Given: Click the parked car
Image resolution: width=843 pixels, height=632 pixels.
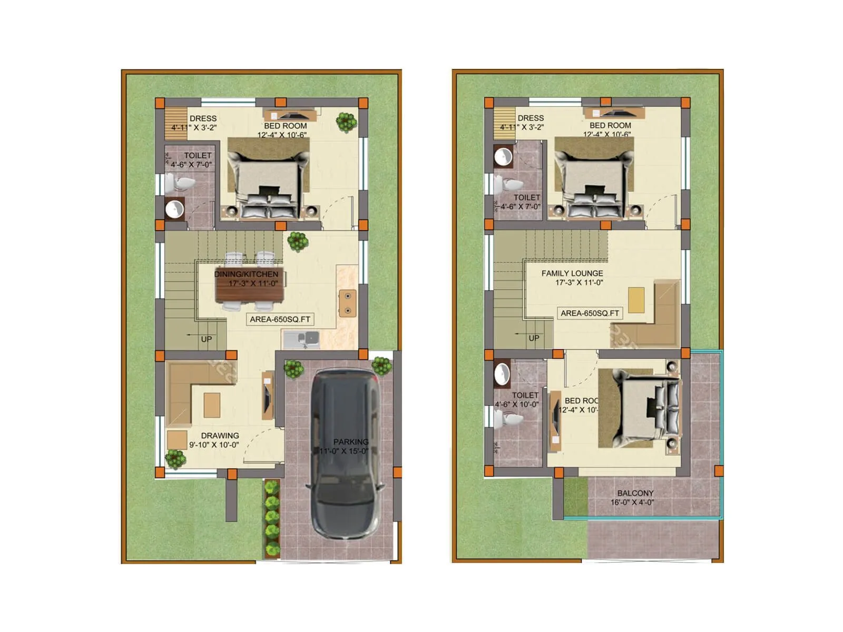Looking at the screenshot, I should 345,453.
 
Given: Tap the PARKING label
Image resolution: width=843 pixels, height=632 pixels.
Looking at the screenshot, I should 350,442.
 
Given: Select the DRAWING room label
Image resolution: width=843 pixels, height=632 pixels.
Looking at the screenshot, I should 220,436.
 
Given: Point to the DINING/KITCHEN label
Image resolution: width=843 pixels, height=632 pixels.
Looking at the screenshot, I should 246,274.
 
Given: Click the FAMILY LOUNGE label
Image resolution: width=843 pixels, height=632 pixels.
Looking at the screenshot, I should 572,273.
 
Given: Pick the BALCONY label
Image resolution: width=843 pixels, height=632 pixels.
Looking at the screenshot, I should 635,493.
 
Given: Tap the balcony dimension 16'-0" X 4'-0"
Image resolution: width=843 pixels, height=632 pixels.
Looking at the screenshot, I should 632,502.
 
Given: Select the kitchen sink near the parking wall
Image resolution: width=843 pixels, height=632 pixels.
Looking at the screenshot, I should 301,339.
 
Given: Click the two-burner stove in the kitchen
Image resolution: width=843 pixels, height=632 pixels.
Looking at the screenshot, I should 347,303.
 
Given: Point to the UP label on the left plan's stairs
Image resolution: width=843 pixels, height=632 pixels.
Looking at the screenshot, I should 206,339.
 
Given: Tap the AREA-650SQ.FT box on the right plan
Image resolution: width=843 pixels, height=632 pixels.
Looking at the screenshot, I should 590,313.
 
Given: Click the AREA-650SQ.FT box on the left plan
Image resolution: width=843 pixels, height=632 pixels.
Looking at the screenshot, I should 280,319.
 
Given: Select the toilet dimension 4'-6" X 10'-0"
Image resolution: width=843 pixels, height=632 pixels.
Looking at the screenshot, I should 517,404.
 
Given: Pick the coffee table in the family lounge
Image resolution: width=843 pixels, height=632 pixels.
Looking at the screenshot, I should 636,299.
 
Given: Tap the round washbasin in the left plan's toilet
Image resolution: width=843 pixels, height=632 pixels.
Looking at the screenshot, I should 174,209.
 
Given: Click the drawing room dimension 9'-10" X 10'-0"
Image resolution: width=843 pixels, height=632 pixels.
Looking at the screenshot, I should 214,445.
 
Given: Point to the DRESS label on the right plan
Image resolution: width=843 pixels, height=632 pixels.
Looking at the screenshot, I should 531,118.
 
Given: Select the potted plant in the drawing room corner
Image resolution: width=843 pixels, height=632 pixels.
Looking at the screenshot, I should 175,458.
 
